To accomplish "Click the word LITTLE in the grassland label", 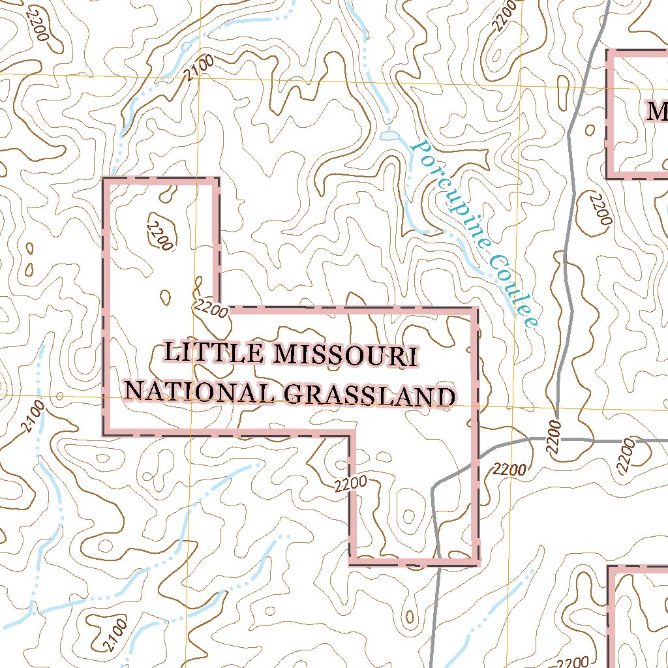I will point(215,353).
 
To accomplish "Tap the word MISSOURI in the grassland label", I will point(346,356).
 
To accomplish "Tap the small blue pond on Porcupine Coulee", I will point(389,136).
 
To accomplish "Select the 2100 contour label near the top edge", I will point(199,68).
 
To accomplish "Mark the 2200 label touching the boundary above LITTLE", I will point(211,309).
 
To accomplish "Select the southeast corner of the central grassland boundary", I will point(476,562).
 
